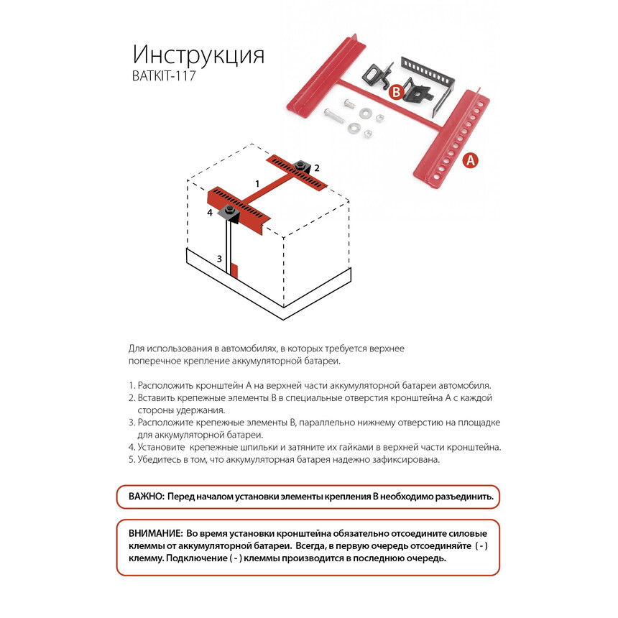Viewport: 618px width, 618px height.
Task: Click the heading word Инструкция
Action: tap(198, 55)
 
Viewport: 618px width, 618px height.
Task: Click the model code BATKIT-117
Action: tap(164, 76)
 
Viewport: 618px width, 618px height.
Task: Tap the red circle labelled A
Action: tap(470, 160)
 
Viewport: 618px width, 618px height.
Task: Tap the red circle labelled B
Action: tap(395, 92)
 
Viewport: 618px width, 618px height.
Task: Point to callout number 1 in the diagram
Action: tap(257, 184)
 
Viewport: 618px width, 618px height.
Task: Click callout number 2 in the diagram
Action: tap(316, 167)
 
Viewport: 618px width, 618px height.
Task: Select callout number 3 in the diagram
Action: tap(220, 258)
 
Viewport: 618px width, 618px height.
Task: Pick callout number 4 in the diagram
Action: tap(210, 213)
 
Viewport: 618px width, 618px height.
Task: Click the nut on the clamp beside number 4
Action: tap(228, 211)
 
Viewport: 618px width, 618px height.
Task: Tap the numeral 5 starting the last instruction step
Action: tap(132, 460)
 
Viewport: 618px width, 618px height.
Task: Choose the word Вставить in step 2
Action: tap(157, 397)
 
